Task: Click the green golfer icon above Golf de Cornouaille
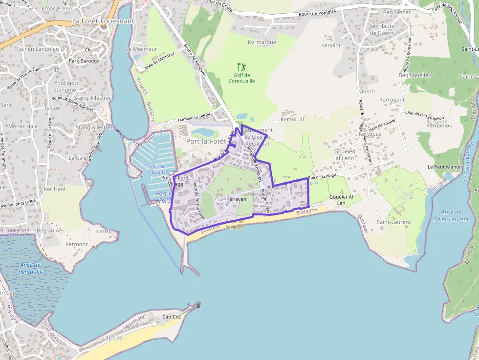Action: [241, 67]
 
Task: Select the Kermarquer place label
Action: [263, 42]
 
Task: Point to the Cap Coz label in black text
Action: [171, 317]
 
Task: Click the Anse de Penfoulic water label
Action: [32, 268]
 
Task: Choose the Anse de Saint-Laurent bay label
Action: [451, 216]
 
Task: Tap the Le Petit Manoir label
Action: [445, 167]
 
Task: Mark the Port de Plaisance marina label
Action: [157, 169]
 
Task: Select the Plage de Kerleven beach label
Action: [235, 224]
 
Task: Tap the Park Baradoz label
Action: [84, 61]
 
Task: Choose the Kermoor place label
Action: [77, 244]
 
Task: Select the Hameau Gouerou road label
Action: [194, 117]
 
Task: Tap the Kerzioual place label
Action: [293, 119]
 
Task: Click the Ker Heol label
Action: [54, 189]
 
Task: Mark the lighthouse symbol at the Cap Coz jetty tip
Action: [198, 305]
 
